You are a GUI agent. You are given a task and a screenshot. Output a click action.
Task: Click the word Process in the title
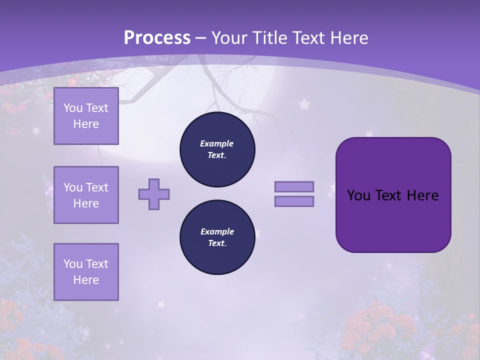(x=157, y=38)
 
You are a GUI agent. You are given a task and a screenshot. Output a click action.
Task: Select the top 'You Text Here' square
(x=86, y=116)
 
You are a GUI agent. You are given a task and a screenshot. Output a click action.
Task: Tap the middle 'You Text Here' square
(x=86, y=195)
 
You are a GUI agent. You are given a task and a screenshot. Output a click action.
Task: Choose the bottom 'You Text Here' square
(x=86, y=271)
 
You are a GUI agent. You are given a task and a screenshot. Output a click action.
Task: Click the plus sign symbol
(x=154, y=194)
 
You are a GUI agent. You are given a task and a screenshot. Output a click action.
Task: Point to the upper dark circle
(x=217, y=149)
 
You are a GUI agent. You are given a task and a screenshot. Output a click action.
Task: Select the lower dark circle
(x=217, y=237)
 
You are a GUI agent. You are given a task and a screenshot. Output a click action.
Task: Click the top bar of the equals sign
(x=294, y=186)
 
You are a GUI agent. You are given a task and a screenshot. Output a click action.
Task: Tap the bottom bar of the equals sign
(x=294, y=201)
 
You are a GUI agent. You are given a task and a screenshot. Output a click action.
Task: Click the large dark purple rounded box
(x=393, y=194)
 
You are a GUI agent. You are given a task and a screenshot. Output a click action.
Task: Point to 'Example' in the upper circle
(x=217, y=143)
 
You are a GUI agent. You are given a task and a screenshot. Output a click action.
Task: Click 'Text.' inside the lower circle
(x=217, y=243)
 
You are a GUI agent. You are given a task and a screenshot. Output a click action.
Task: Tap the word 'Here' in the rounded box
(x=422, y=195)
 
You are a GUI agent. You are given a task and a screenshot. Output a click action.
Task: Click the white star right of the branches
(x=304, y=104)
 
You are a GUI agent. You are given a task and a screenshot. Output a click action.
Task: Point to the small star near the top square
(x=36, y=130)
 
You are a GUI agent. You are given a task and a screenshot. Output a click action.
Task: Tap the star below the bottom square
(x=161, y=303)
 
